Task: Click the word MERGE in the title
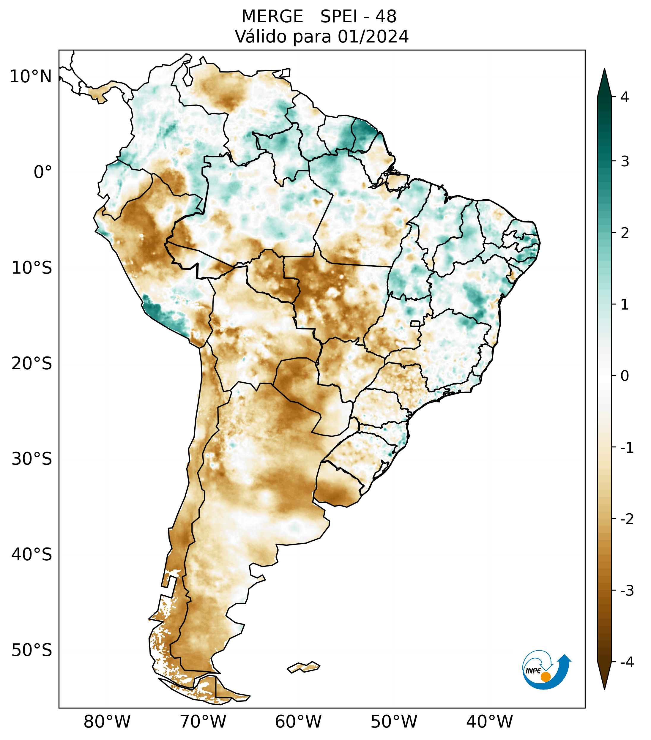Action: (x=272, y=17)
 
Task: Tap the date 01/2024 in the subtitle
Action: (x=373, y=37)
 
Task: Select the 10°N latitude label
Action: (x=31, y=77)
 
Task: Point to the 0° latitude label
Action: (x=43, y=172)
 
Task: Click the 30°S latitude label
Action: (x=32, y=459)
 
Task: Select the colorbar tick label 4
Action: (x=625, y=97)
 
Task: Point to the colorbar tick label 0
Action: (x=625, y=376)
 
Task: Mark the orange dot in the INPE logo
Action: (x=546, y=676)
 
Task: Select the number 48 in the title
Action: (x=386, y=17)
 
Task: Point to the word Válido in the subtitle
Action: (x=258, y=37)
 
